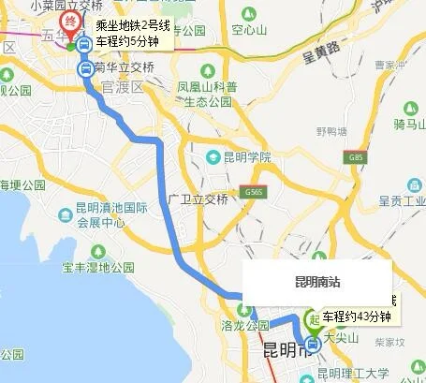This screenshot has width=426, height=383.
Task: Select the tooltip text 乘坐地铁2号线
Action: [x=134, y=25]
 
